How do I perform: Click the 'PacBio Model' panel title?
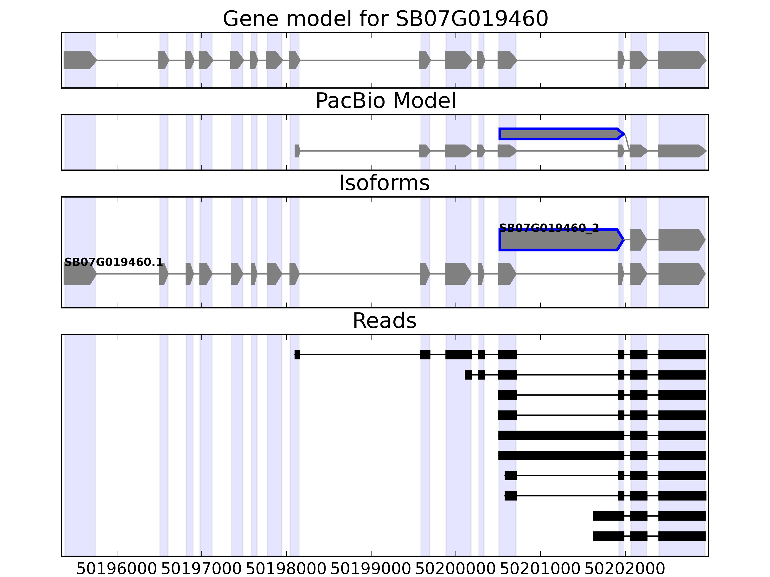pos(385,101)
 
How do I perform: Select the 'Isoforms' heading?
pos(384,183)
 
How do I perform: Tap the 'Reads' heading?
pos(384,321)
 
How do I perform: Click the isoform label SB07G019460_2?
pos(549,228)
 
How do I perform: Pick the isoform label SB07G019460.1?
pos(114,262)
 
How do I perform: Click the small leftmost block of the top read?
pos(297,355)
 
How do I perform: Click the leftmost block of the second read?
pos(468,375)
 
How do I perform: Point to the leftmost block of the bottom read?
pos(608,536)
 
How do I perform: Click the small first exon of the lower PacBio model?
pos(297,151)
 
